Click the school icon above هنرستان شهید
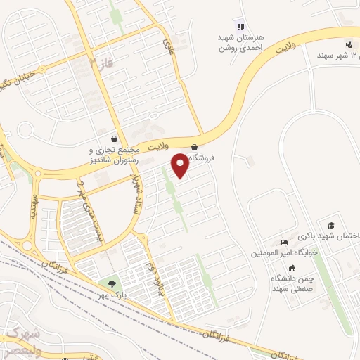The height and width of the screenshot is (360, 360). [240, 27]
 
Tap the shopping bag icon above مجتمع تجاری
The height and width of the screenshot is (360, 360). [114, 139]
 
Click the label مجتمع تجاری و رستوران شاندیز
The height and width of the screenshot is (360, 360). [115, 155]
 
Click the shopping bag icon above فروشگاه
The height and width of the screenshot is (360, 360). [195, 148]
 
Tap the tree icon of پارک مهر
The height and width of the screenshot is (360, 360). [112, 283]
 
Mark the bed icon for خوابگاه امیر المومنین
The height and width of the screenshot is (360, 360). [284, 243]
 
